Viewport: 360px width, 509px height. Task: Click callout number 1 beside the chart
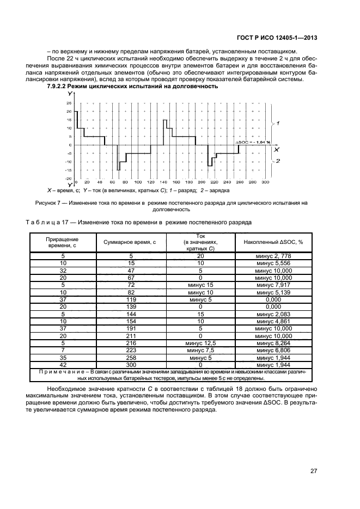[278, 124]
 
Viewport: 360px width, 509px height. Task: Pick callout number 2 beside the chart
[278, 161]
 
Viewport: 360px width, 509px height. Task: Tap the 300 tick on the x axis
[265, 182]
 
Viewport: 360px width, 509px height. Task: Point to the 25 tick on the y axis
[69, 102]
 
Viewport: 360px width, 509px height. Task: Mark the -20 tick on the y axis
[69, 178]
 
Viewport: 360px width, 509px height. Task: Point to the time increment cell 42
[63, 364]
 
